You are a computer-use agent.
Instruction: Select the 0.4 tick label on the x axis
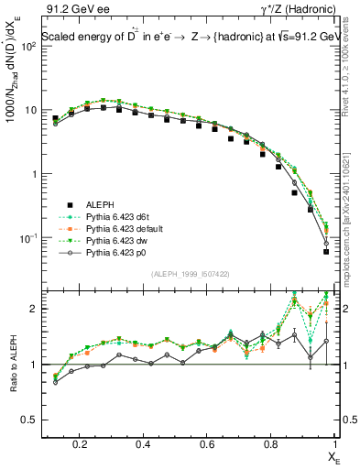coord(144,444)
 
